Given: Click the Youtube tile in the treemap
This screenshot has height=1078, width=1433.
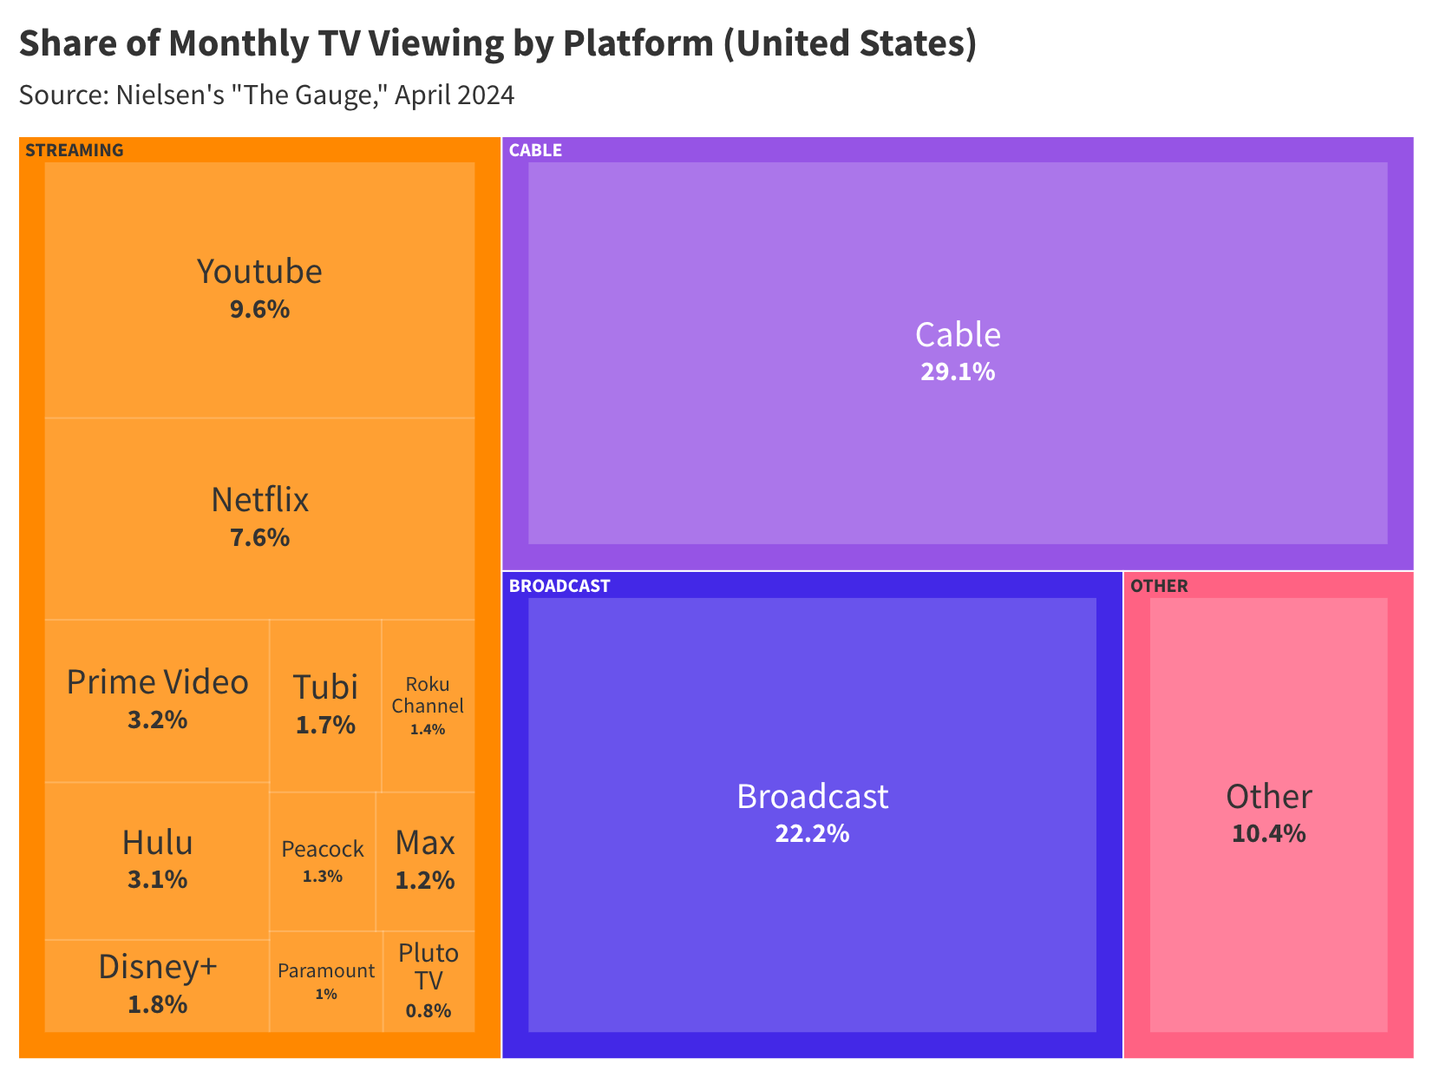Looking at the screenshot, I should coord(259,289).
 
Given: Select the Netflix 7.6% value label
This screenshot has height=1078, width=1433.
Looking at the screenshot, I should coord(259,538).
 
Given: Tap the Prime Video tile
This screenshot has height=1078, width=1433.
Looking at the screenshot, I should coord(157,700).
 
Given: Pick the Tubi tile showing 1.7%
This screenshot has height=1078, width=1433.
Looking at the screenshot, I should coord(325,704).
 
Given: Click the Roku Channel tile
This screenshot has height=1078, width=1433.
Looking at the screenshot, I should coord(428,705).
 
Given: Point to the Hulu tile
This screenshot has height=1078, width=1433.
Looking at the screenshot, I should coord(157,859).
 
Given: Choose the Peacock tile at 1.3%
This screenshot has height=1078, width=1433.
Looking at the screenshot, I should coord(323,860).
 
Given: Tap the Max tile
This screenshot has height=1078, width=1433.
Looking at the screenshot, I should coord(425,860).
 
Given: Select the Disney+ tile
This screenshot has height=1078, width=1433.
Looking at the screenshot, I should coord(157,984).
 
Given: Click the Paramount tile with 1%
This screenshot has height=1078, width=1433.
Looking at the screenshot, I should coord(326,981).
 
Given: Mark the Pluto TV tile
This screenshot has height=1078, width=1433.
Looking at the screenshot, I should coord(429,981).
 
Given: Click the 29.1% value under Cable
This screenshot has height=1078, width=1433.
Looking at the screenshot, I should coord(958,372).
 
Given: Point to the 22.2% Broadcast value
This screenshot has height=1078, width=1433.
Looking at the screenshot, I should coord(812,834).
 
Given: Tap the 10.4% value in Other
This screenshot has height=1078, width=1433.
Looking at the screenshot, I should coord(1268,834).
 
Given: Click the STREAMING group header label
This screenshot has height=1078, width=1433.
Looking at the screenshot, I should coord(75,150).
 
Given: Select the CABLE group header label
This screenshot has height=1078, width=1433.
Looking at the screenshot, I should coord(535,150).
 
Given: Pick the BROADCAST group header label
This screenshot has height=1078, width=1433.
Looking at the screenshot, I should coord(559,586).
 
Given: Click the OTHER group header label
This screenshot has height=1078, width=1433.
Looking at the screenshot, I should coord(1159,586).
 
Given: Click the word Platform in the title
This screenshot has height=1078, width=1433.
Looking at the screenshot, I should coord(638,43).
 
